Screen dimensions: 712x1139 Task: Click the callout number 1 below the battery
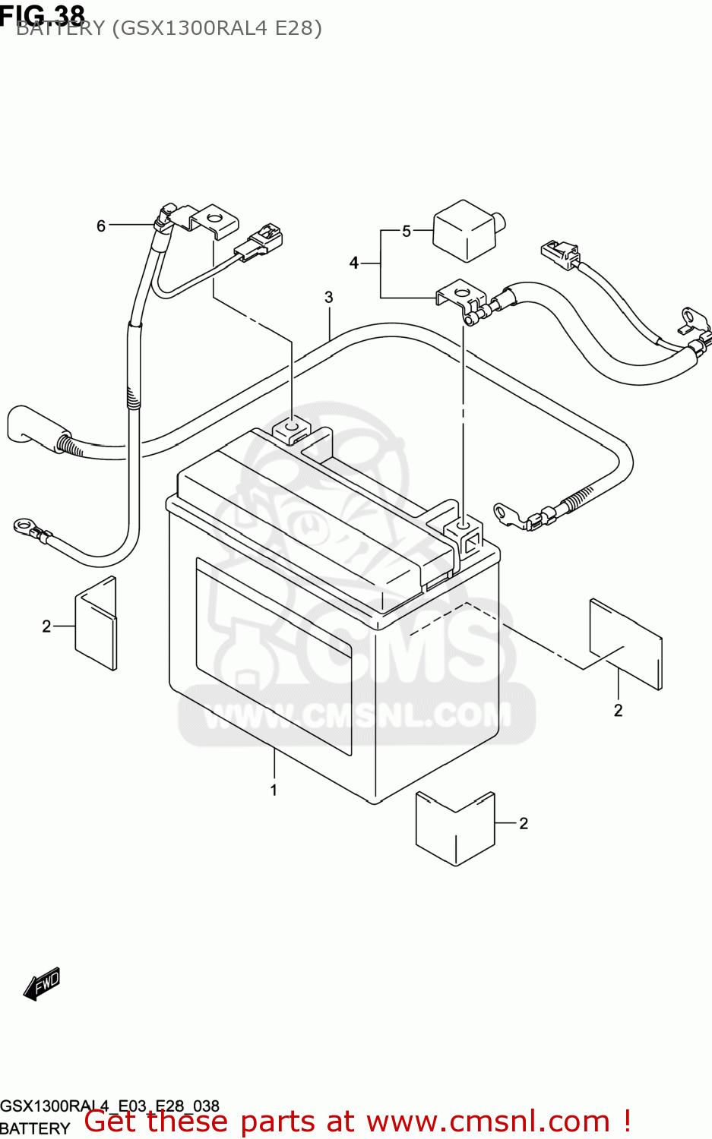point(274,790)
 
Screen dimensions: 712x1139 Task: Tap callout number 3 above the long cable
point(329,297)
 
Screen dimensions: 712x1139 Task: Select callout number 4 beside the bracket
point(354,263)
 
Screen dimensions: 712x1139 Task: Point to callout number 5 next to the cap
point(407,231)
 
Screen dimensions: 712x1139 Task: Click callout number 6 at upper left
point(101,226)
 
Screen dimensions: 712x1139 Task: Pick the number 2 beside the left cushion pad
point(46,626)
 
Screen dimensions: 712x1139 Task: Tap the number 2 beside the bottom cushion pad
point(524,823)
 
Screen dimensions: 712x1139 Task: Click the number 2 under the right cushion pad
point(618,710)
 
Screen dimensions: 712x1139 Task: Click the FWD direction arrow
point(42,984)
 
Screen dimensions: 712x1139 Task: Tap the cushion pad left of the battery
point(97,623)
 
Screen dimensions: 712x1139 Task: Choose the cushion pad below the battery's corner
point(455,828)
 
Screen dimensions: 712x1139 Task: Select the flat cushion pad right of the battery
point(625,644)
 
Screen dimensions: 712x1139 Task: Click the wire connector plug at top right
point(560,254)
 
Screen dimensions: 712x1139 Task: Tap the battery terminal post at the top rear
point(292,430)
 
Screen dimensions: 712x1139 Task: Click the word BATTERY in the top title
point(61,29)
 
